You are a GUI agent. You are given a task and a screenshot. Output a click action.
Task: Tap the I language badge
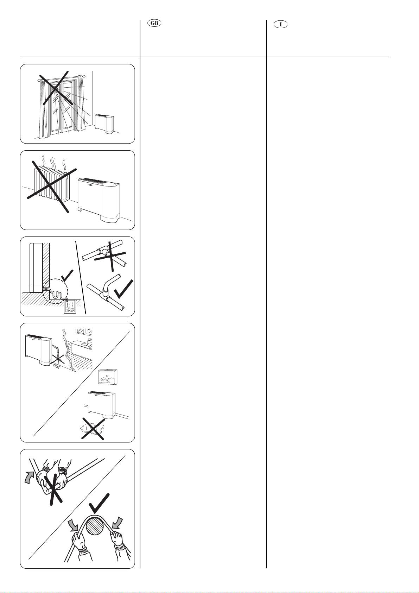281,25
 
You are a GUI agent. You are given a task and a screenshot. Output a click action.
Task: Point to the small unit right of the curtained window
105,124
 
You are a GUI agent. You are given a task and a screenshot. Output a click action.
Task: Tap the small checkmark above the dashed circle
67,276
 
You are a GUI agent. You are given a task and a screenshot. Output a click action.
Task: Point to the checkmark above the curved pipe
99,503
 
